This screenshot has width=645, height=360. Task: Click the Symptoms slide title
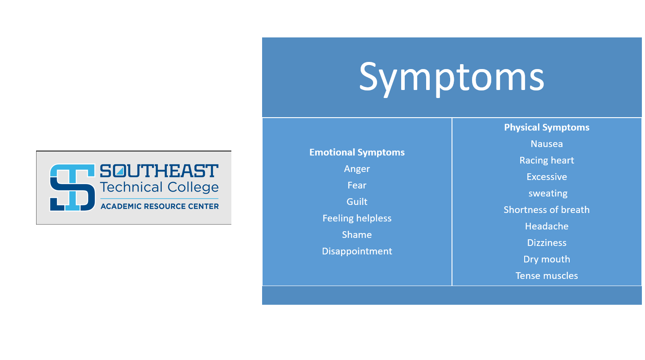coord(451,77)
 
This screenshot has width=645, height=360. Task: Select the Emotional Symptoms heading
coord(357,152)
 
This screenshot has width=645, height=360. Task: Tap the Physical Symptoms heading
coord(546,127)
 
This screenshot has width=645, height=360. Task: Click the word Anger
coord(357,169)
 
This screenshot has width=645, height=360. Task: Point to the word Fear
coord(357,185)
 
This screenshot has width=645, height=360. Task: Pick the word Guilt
coord(357,202)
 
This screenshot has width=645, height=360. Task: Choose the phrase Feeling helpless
coord(357,218)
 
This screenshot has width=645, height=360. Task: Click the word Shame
coord(357,235)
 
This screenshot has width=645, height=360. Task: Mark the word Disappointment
coord(357,251)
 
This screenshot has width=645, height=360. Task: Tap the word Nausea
coord(546,144)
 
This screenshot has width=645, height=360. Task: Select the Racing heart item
coord(546,160)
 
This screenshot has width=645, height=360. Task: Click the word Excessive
coord(546,177)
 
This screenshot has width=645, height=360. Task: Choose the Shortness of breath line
coord(546,210)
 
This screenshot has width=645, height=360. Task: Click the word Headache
coord(546,226)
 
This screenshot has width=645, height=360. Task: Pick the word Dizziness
coord(546,243)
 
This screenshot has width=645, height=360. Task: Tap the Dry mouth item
coord(546,259)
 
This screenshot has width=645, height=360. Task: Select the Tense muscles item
coord(546,276)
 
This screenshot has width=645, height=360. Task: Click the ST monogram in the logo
coord(72,188)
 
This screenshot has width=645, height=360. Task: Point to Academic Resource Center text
coord(160,206)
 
